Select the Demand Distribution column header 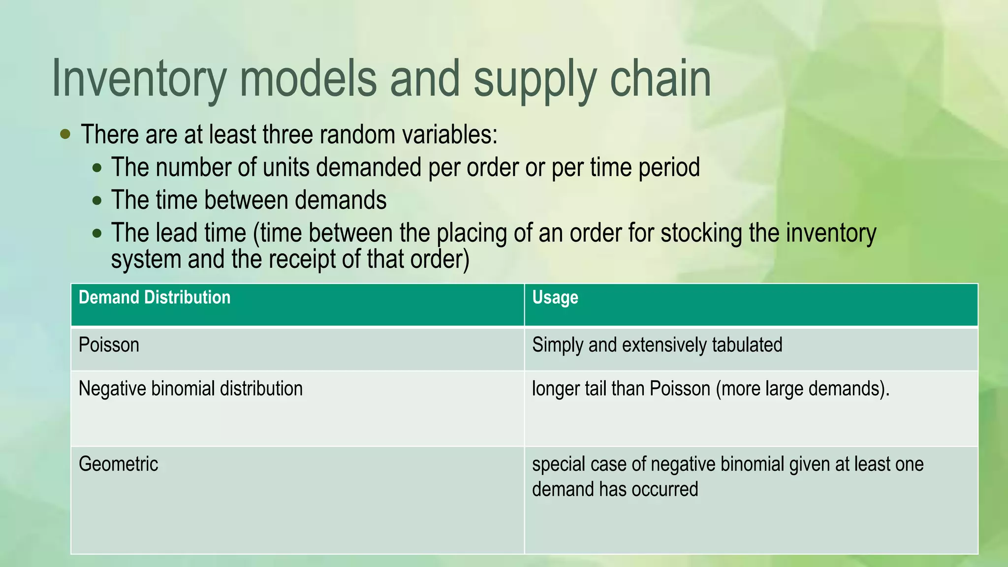point(155,298)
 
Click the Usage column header point(555,298)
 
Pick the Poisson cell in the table point(109,345)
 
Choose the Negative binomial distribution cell point(190,389)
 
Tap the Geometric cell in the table point(118,464)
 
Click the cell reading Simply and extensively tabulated point(657,345)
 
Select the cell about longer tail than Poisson point(711,389)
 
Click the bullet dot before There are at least point(65,134)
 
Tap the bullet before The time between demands point(97,200)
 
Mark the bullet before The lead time point(97,233)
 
